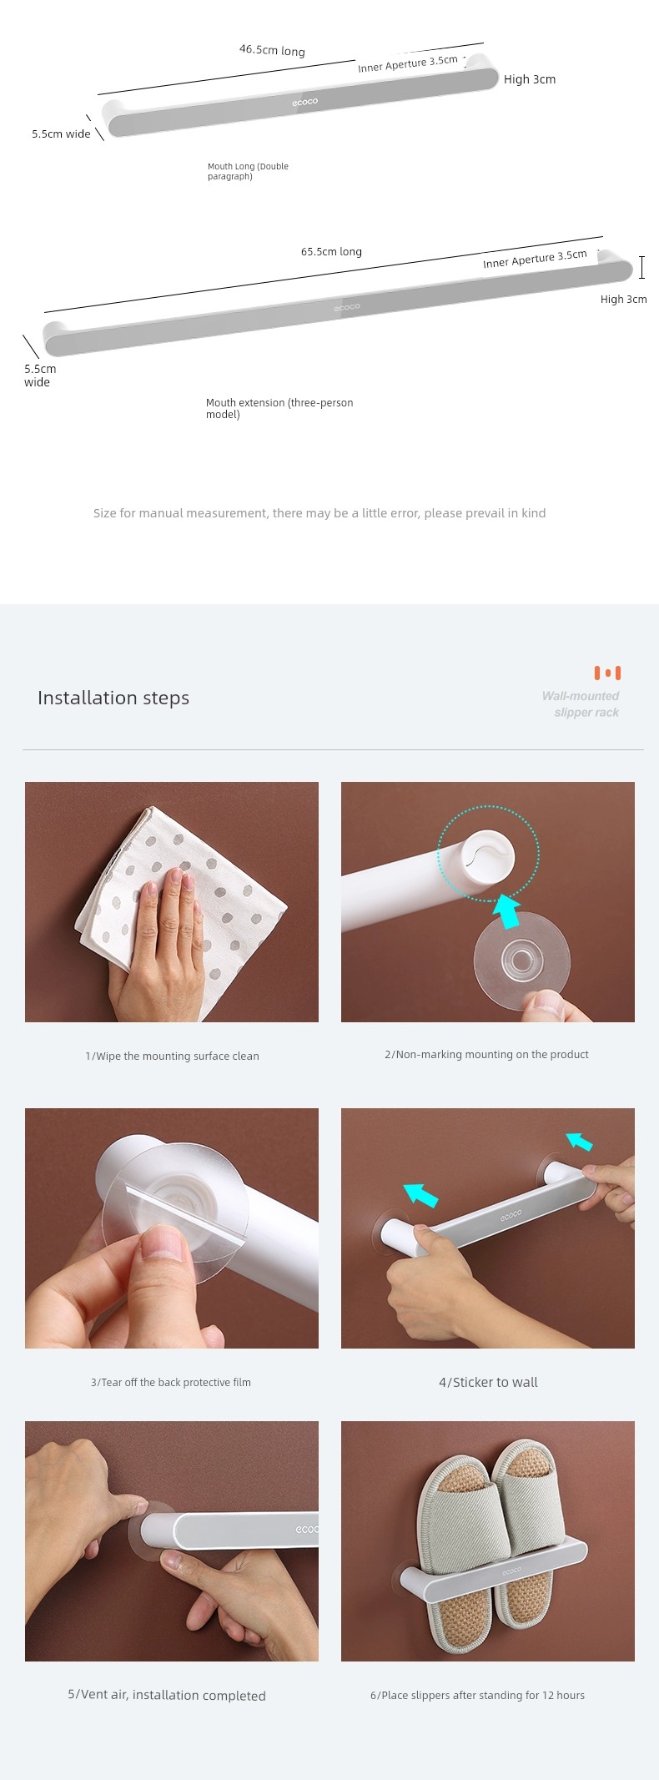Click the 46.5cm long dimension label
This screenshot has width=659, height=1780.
click(x=272, y=50)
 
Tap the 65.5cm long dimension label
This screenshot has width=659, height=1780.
click(x=331, y=251)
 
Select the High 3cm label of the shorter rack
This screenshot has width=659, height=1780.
click(x=530, y=79)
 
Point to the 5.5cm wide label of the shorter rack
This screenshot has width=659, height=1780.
click(x=61, y=134)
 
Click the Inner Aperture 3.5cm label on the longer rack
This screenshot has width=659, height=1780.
click(x=535, y=259)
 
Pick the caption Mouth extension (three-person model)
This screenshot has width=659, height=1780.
click(x=279, y=408)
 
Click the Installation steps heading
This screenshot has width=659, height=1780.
click(x=113, y=698)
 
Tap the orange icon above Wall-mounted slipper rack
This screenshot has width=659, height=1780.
click(x=607, y=673)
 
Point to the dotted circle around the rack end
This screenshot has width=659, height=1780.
click(x=489, y=853)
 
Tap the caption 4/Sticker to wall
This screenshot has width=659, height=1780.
click(x=488, y=1382)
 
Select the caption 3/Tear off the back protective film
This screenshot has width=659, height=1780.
click(x=171, y=1382)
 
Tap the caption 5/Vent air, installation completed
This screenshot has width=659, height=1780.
click(x=167, y=1695)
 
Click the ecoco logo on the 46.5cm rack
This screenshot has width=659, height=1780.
click(x=305, y=102)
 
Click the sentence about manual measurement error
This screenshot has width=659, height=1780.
click(x=319, y=513)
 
